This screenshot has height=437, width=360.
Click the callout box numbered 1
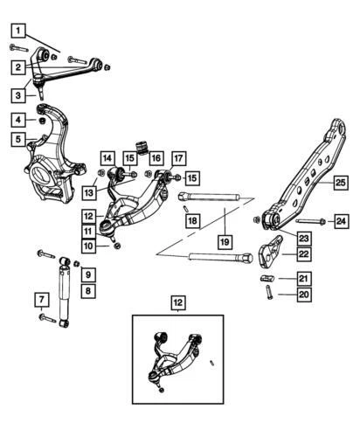(x=18, y=28)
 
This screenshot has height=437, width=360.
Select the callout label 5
(x=18, y=138)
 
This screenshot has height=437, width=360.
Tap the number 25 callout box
(x=340, y=183)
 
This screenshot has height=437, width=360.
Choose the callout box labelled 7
(x=18, y=302)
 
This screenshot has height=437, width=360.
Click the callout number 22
(x=303, y=253)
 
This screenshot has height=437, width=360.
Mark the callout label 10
(x=90, y=246)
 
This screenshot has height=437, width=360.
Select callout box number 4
(x=18, y=119)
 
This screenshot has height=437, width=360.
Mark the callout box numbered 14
(x=107, y=158)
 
